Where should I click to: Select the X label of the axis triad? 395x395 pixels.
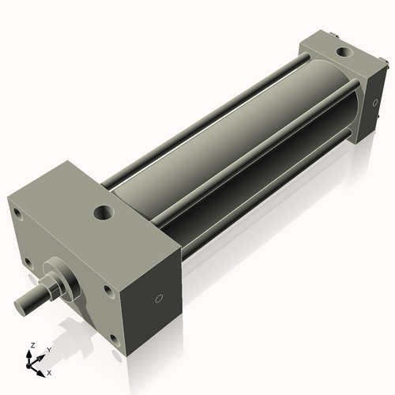[x=49, y=371]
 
